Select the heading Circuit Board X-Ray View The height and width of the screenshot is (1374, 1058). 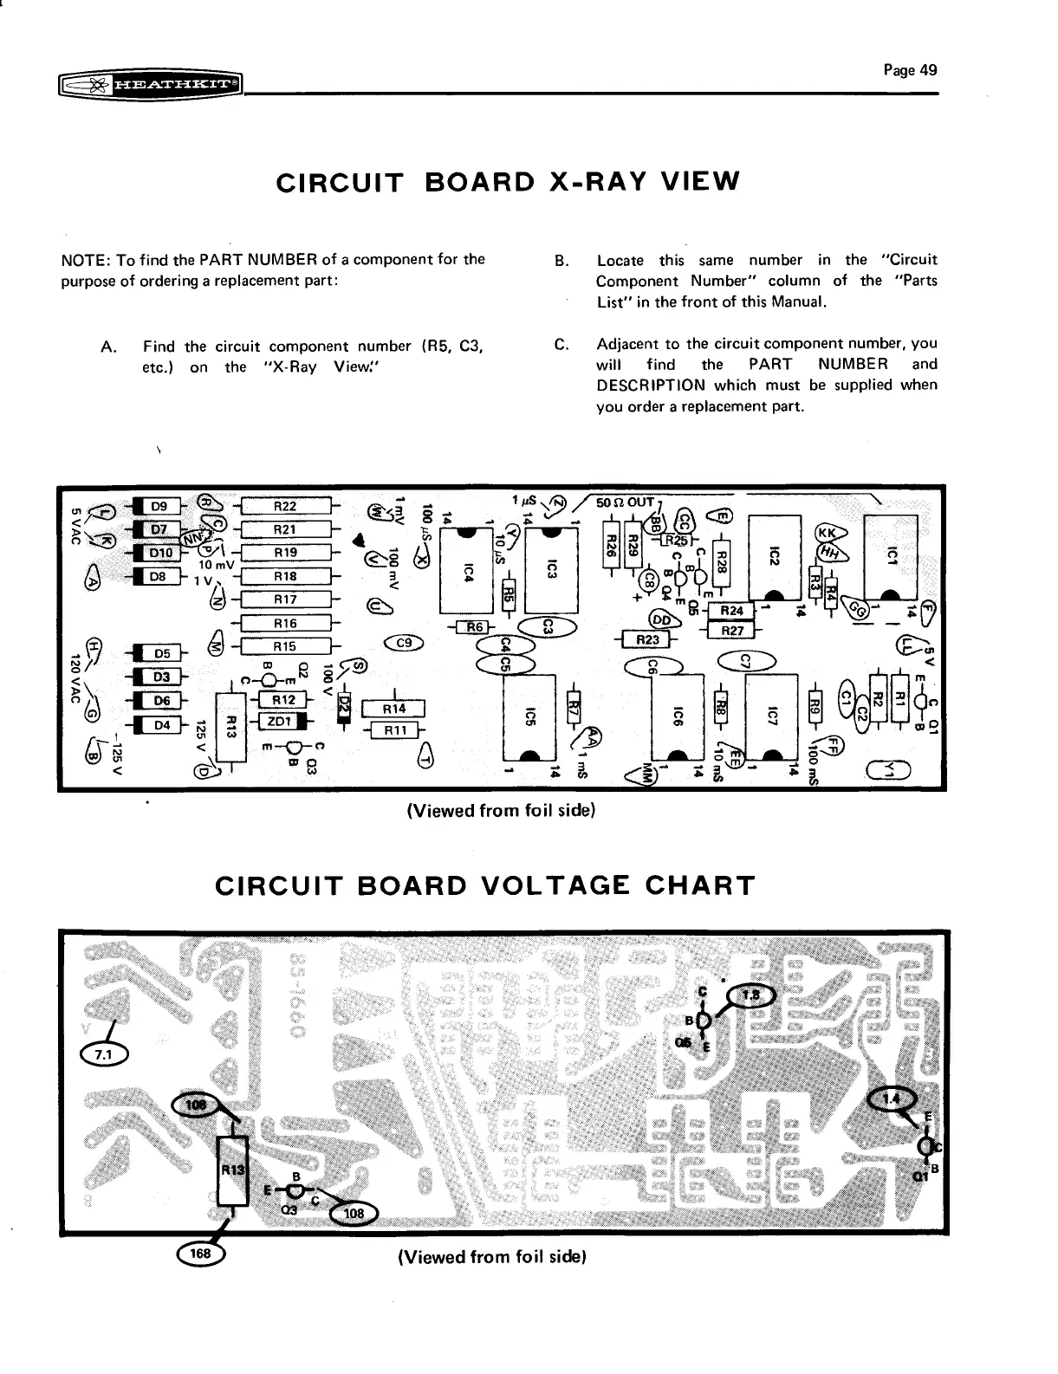click(507, 182)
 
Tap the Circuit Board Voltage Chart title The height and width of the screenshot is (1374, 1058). click(484, 886)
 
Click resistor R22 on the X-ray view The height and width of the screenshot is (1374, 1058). click(284, 507)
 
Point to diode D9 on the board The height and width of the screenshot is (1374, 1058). click(159, 507)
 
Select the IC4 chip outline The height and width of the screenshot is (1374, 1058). click(467, 571)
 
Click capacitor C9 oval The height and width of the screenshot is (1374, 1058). click(403, 643)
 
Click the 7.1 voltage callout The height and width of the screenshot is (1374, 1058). click(103, 1053)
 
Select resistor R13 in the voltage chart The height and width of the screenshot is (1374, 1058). click(232, 1170)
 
